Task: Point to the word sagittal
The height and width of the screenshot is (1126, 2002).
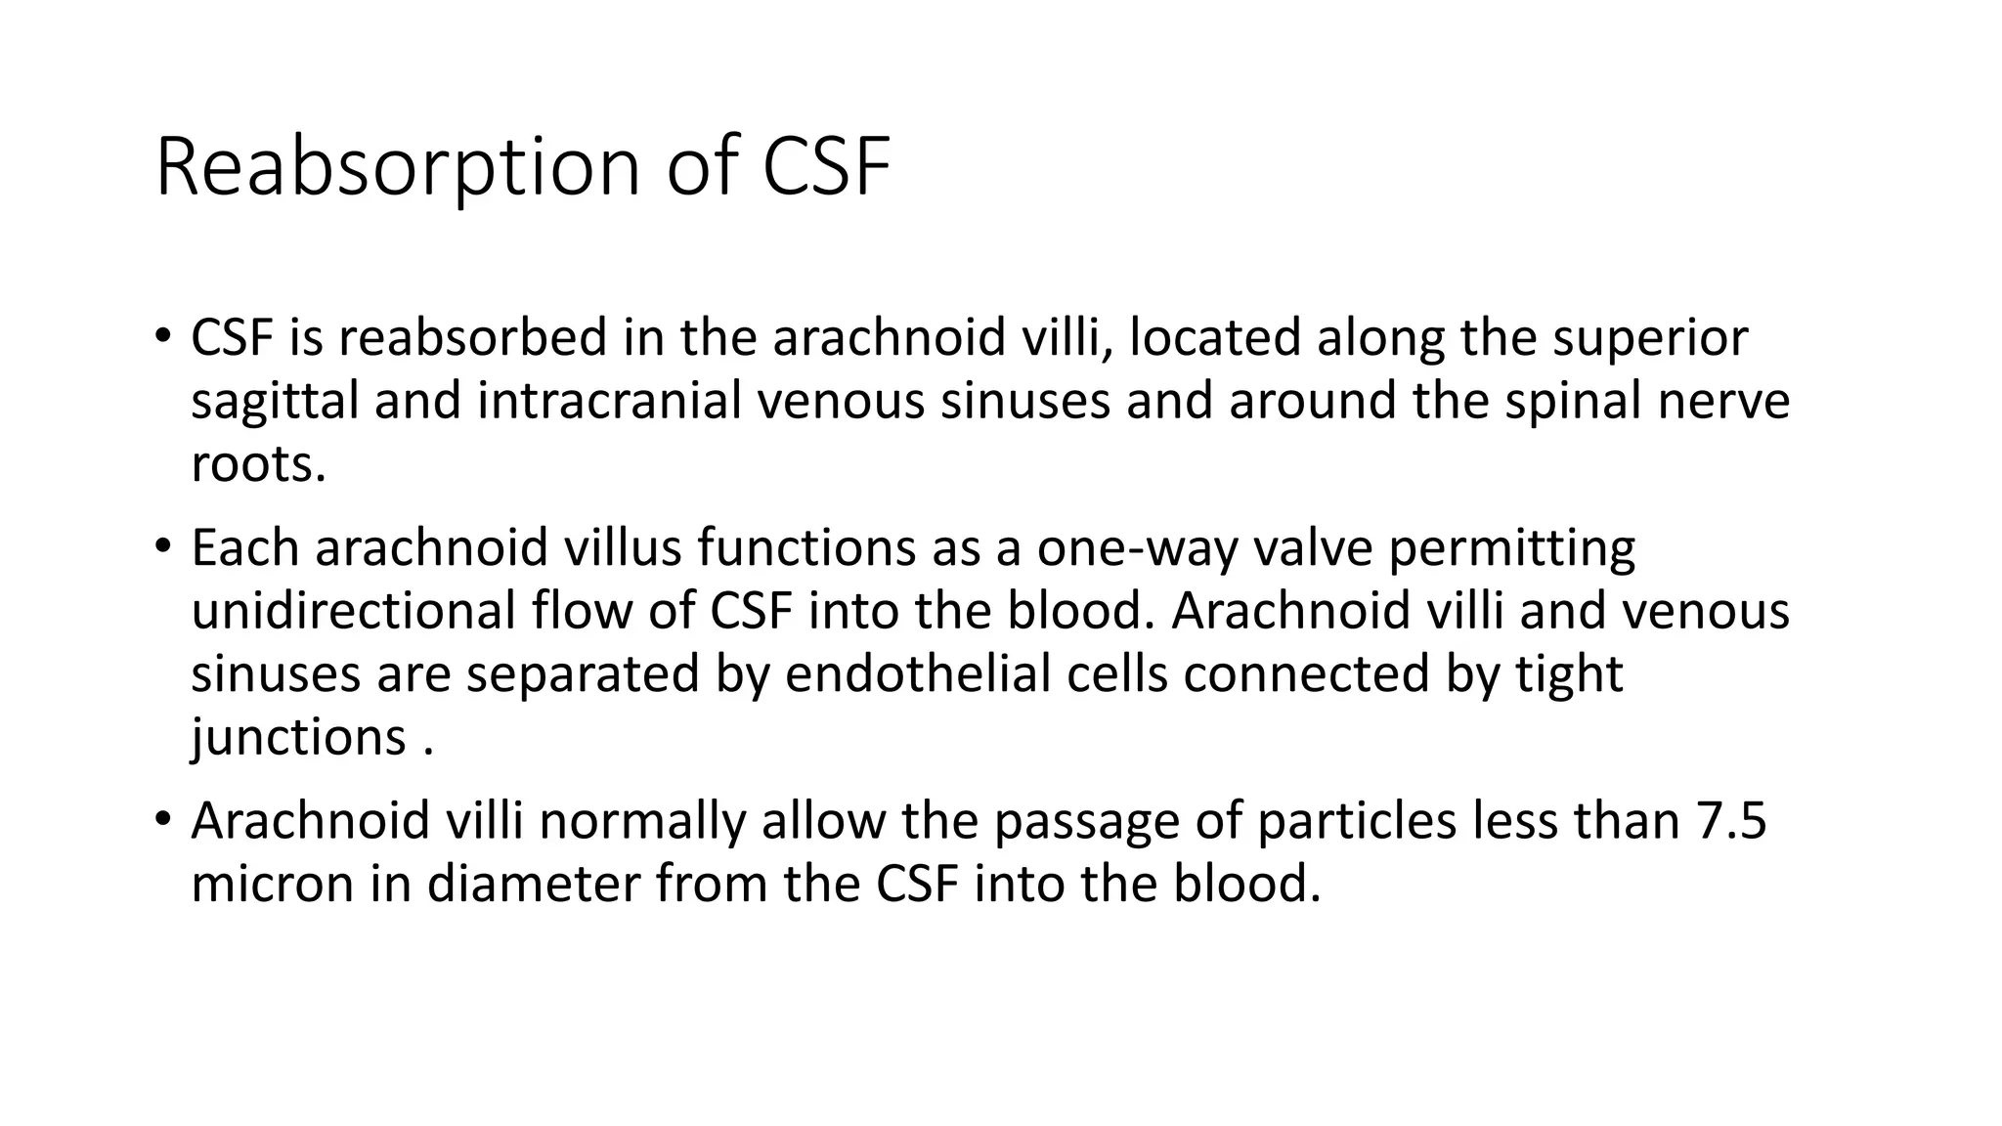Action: point(275,402)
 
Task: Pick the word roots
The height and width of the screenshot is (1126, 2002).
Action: point(257,464)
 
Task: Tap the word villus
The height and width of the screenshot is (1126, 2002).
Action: point(623,548)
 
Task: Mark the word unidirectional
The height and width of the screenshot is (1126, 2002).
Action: point(353,611)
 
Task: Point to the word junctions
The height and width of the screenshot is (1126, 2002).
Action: point(298,737)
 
